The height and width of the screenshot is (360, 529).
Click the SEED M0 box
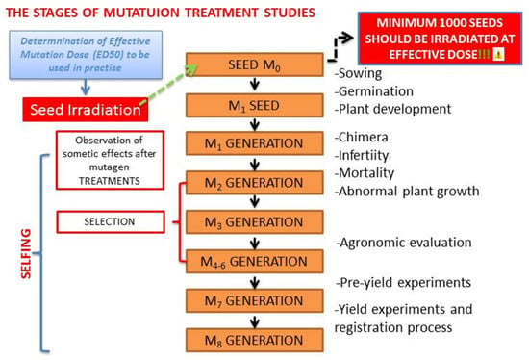254,64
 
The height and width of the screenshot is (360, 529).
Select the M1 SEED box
254,105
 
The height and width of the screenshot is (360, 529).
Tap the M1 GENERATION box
254,143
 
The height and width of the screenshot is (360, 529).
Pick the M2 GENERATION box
254,183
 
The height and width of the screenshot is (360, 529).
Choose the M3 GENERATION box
254,222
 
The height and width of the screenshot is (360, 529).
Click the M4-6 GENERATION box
254,262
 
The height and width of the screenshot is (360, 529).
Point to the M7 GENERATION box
254,300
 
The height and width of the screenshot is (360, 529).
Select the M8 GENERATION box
254,340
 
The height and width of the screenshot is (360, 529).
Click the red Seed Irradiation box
86,110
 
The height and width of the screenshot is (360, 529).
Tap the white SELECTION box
111,222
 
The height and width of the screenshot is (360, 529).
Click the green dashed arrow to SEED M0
168,85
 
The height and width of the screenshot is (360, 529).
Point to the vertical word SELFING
26,253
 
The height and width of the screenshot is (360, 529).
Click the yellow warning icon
498,54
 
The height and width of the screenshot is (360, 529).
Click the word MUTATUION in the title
141,13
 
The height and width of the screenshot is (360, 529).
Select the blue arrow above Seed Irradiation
86,88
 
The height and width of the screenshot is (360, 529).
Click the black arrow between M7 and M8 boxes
255,321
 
